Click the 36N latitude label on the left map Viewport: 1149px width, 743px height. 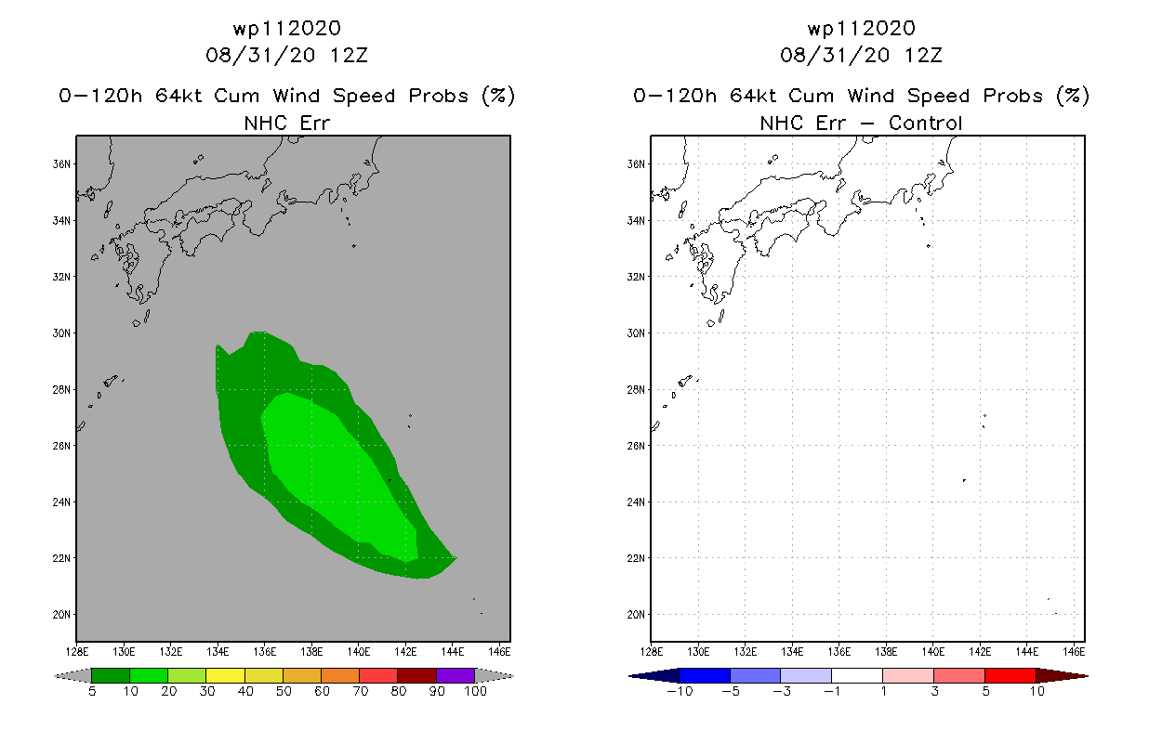tap(61, 164)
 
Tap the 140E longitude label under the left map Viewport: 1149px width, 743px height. tap(358, 652)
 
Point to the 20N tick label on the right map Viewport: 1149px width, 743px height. tap(636, 615)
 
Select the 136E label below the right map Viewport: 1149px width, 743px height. tap(839, 652)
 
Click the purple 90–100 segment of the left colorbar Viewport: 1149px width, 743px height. tap(456, 675)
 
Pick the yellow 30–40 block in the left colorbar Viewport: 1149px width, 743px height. tap(225, 675)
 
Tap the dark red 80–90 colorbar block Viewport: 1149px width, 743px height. tap(417, 675)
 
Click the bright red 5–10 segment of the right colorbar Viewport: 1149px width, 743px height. tap(1010, 675)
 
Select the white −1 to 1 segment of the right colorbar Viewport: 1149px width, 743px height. tap(857, 675)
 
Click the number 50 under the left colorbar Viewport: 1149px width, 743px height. tap(284, 691)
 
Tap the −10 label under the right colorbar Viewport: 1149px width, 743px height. tap(680, 691)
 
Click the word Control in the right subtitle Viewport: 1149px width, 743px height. tap(925, 123)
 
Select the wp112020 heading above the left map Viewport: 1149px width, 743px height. tap(286, 28)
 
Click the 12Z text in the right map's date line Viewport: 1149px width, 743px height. tap(923, 55)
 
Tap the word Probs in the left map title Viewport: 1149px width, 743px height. tap(439, 96)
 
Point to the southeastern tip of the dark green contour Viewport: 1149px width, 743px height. tap(456, 557)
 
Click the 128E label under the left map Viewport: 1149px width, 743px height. tap(77, 652)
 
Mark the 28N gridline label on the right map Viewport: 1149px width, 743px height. tap(636, 389)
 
